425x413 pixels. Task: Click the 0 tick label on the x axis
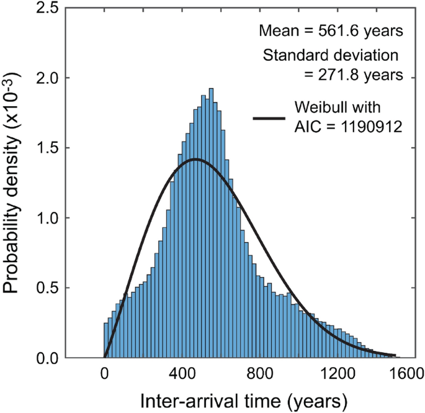point(105,374)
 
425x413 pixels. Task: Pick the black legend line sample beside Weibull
point(269,118)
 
